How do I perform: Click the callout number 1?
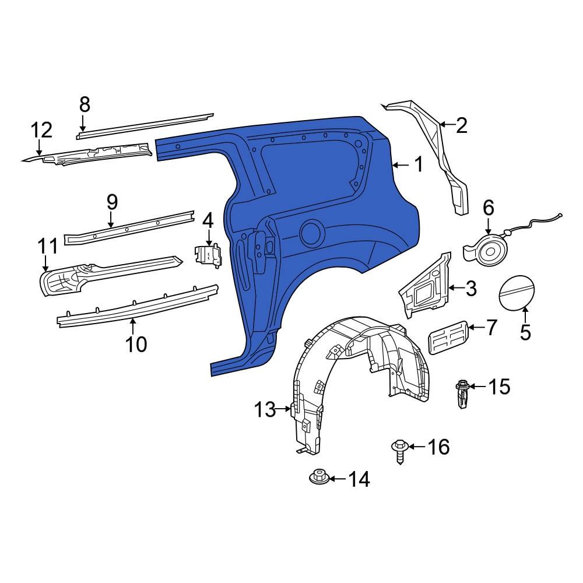click(x=419, y=165)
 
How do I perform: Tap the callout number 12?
click(x=41, y=130)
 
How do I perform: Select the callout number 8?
click(x=85, y=105)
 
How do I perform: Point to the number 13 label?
click(x=264, y=410)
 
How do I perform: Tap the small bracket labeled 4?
click(x=208, y=255)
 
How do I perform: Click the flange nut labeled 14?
click(x=318, y=477)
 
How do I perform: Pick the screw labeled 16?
click(x=399, y=449)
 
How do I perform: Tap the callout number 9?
click(x=112, y=202)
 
